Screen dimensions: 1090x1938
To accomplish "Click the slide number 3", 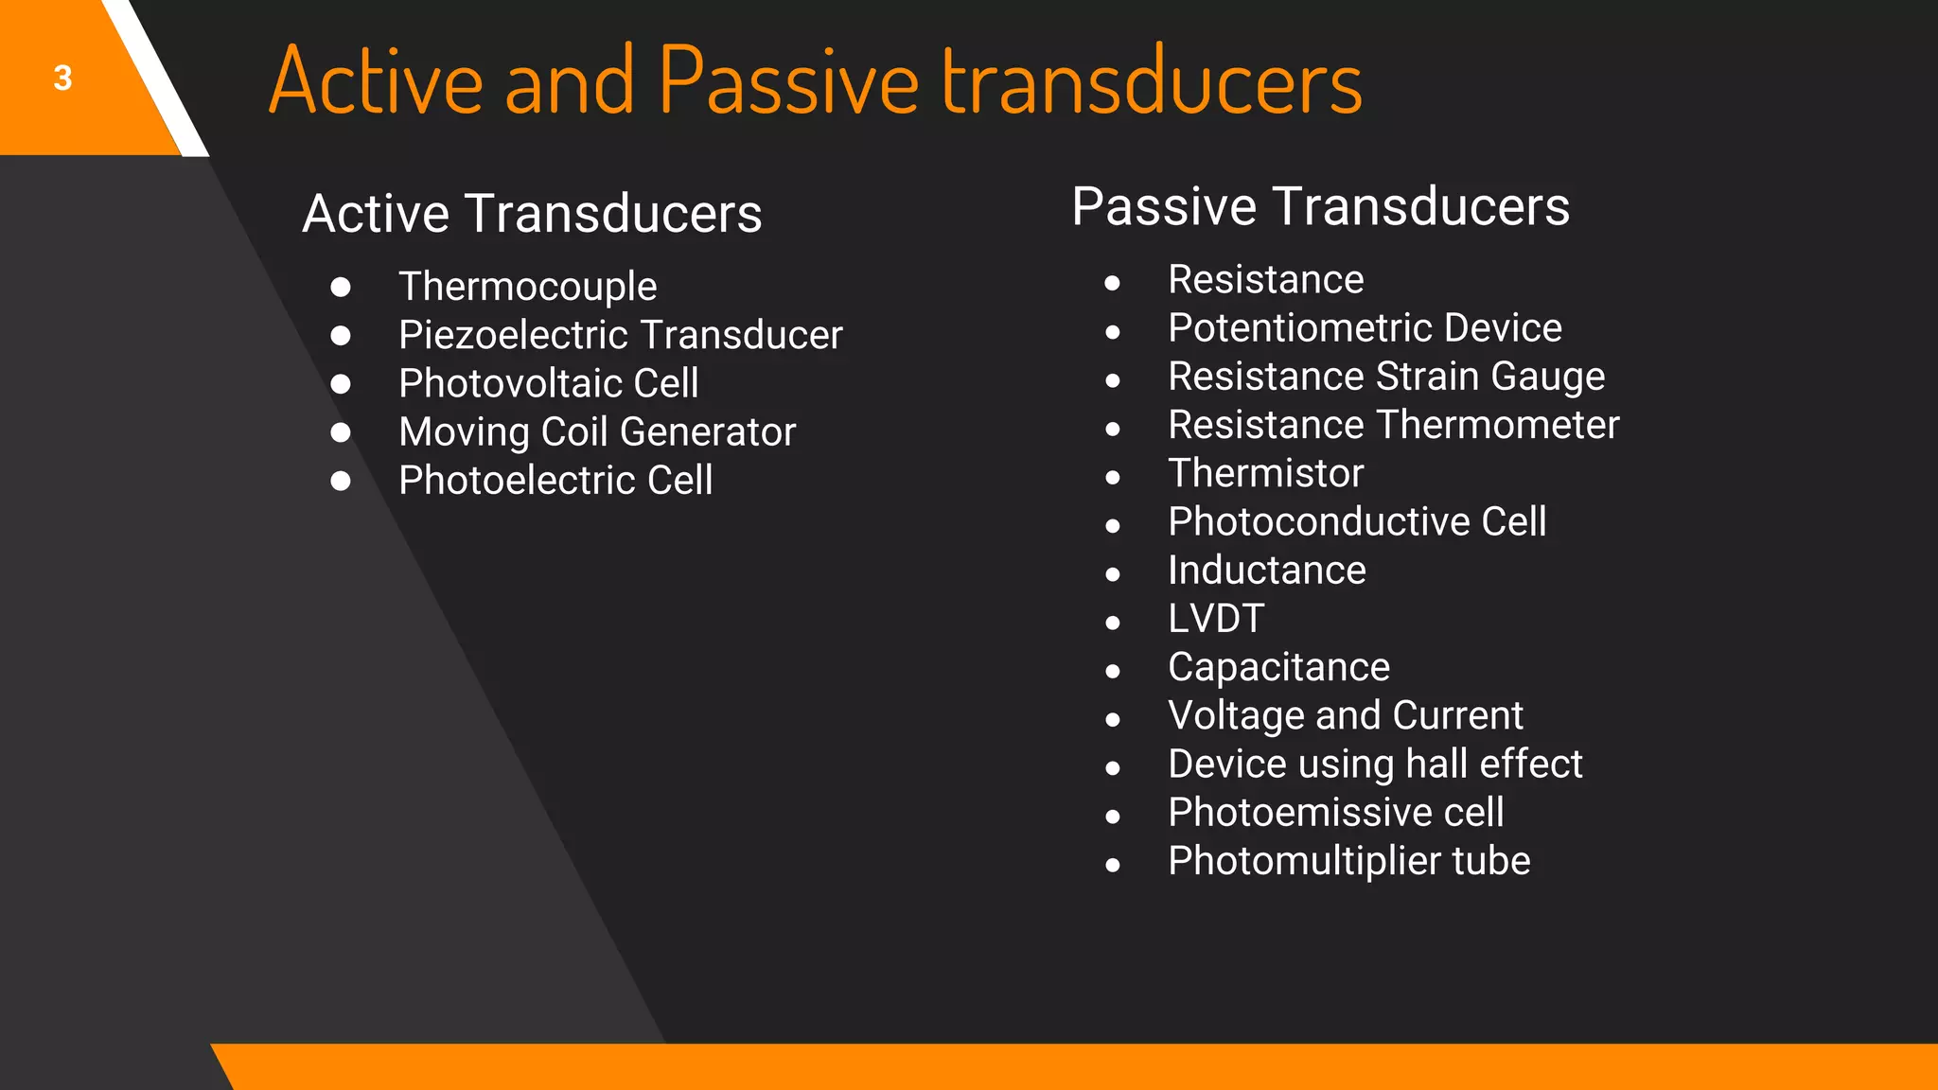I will (62, 78).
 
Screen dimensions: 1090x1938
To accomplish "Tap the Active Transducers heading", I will (532, 213).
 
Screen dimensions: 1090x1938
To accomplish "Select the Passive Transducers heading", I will (1320, 206).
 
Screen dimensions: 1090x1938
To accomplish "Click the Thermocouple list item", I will (527, 287).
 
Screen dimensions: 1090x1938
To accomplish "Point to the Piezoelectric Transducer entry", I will (620, 335).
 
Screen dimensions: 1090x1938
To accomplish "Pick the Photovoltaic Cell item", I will (548, 383).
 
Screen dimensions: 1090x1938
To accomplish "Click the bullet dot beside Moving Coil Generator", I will (341, 432).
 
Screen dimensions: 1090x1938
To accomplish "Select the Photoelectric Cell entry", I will (555, 481).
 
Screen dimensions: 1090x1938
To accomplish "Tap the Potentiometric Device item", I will (1364, 328).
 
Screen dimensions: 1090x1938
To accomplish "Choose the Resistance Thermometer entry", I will (1393, 425).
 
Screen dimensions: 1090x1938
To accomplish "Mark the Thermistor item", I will (1265, 473).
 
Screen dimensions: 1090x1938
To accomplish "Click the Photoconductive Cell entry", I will (1357, 522).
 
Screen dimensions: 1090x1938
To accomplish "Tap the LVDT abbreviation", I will (1216, 619).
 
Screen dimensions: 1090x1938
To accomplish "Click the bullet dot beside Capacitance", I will (1113, 671).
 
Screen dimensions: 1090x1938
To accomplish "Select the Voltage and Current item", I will (1345, 715).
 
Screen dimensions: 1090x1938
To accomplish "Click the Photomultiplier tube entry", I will (1348, 861).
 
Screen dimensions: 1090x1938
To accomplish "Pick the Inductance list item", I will (1266, 571).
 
